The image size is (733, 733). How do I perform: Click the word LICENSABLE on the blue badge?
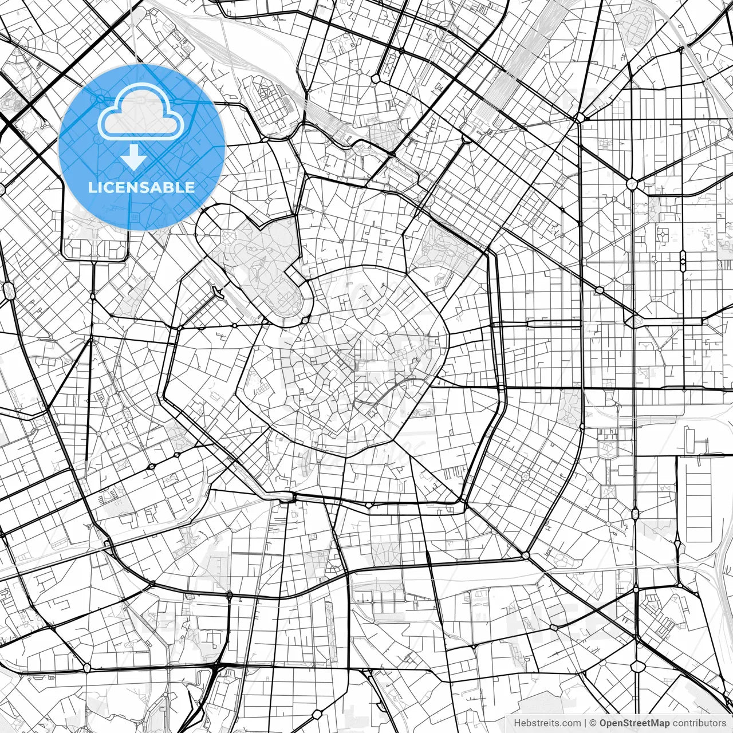141,187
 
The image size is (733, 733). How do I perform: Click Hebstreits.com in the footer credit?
547,723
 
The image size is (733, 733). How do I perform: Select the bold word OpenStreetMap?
635,723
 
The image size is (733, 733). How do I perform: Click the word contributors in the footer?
699,723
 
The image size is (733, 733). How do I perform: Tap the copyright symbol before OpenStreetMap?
593,723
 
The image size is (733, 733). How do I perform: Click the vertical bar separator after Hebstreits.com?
585,723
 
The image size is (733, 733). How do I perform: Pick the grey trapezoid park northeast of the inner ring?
444,252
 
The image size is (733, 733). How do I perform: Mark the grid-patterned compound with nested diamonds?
267,103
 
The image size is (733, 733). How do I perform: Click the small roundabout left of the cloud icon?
101,99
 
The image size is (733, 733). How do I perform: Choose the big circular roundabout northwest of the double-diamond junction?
632,184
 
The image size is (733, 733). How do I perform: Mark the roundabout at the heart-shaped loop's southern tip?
306,318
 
